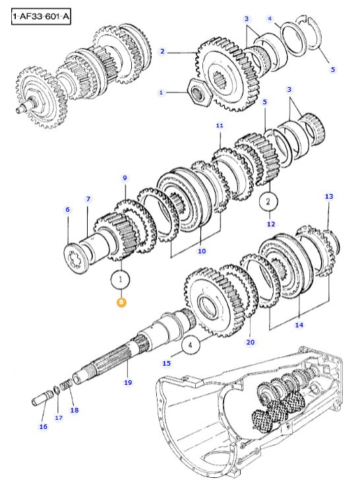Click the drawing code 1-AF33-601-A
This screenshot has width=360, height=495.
(x=41, y=16)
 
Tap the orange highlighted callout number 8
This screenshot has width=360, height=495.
(x=121, y=302)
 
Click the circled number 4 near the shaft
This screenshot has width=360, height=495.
(x=191, y=345)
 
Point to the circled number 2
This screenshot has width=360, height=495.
(x=268, y=201)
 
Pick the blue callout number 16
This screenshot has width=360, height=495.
(x=44, y=426)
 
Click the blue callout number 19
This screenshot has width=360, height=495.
(x=128, y=382)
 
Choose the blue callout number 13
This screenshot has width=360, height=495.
(x=329, y=197)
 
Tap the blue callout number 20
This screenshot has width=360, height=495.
(x=251, y=342)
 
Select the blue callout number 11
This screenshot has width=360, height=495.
(x=220, y=125)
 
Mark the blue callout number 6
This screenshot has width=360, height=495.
(x=68, y=210)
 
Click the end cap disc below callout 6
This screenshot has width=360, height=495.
(x=76, y=259)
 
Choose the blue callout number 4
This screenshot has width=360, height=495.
(x=270, y=18)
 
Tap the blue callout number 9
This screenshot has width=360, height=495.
(x=125, y=178)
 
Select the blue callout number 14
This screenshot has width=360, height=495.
(x=299, y=325)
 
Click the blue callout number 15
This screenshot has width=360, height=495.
(x=166, y=364)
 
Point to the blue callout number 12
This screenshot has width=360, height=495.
(x=271, y=224)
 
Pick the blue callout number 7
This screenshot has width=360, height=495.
(x=88, y=199)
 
